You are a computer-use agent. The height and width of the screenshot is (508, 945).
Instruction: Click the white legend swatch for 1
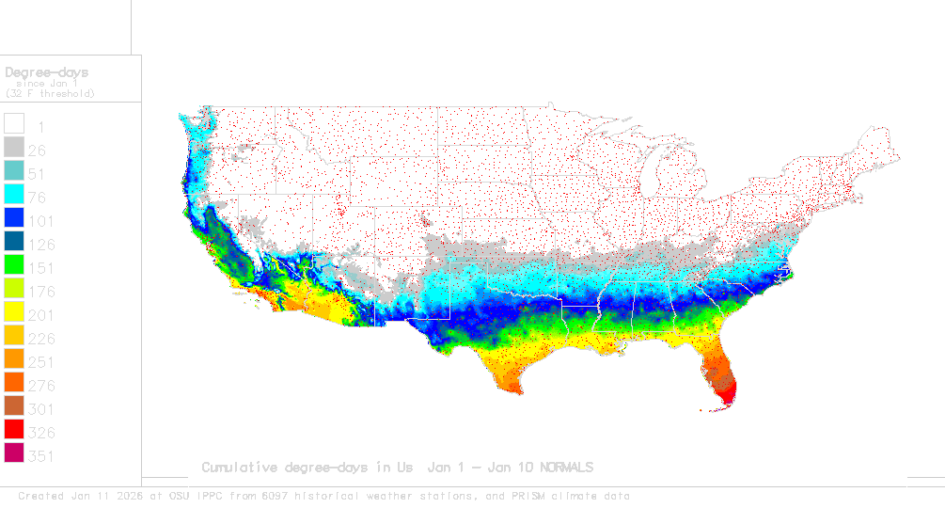click(14, 124)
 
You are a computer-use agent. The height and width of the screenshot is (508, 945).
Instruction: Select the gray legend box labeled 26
click(14, 148)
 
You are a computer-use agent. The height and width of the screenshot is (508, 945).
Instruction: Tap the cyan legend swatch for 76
click(14, 195)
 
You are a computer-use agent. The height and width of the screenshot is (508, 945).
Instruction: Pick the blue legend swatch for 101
click(14, 218)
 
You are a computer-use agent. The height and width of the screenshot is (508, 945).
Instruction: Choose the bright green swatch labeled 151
click(14, 266)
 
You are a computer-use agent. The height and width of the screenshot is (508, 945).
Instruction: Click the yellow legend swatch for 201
click(14, 313)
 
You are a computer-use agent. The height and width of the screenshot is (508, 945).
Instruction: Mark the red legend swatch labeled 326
click(14, 431)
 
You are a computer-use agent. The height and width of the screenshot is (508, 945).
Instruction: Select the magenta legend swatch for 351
click(14, 454)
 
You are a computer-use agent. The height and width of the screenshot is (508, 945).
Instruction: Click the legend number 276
click(41, 386)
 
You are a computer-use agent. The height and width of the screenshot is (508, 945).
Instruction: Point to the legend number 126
click(41, 245)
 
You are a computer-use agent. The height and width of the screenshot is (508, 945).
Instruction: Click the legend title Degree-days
click(47, 71)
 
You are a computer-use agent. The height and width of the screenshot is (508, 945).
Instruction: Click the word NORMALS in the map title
click(560, 468)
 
